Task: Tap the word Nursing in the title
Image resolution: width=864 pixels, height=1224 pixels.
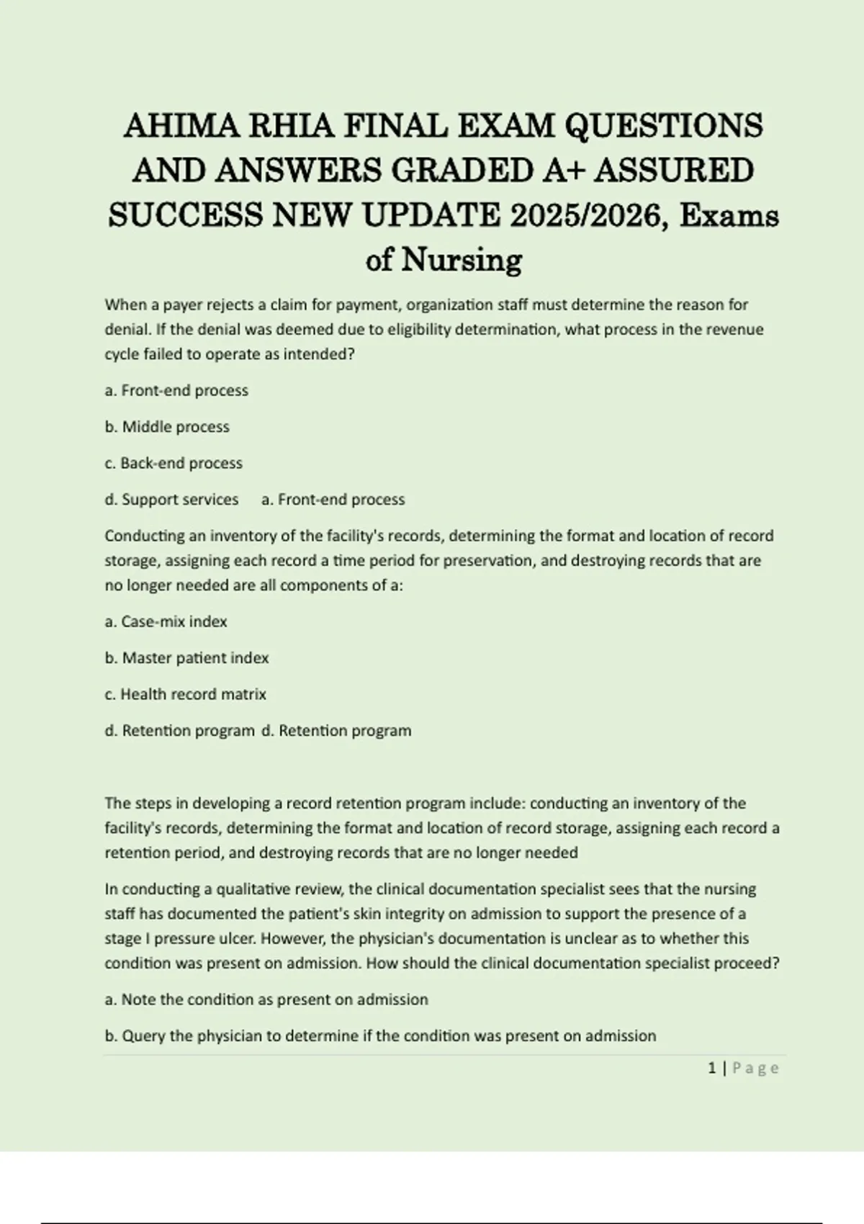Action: (x=461, y=260)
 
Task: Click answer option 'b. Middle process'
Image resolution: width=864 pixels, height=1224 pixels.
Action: (x=167, y=427)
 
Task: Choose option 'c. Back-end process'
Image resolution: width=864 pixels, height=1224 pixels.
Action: (x=174, y=463)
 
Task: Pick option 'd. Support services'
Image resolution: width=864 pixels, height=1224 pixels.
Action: (x=171, y=500)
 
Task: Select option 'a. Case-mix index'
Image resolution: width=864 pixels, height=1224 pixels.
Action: (x=166, y=621)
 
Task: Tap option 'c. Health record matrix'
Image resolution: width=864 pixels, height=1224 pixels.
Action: (x=185, y=694)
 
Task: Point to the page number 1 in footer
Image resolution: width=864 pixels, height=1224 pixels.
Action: (x=712, y=1068)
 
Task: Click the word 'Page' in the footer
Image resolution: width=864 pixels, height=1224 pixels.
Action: (x=755, y=1068)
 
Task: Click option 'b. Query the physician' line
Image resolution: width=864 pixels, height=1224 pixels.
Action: (x=380, y=1036)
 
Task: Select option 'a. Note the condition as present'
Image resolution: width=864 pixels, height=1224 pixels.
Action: (x=266, y=999)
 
